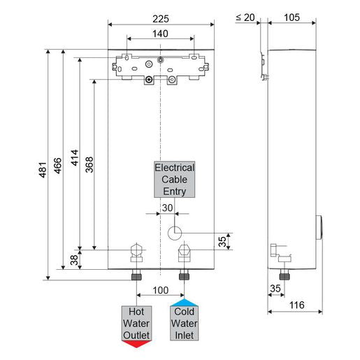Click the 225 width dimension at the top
point(161,11)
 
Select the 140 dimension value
point(161,32)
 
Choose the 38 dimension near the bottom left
point(75,260)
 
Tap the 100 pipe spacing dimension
point(160,289)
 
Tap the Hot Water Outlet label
point(136,323)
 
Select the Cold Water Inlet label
point(184,323)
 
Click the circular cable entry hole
point(176,231)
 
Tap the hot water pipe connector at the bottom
point(136,271)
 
